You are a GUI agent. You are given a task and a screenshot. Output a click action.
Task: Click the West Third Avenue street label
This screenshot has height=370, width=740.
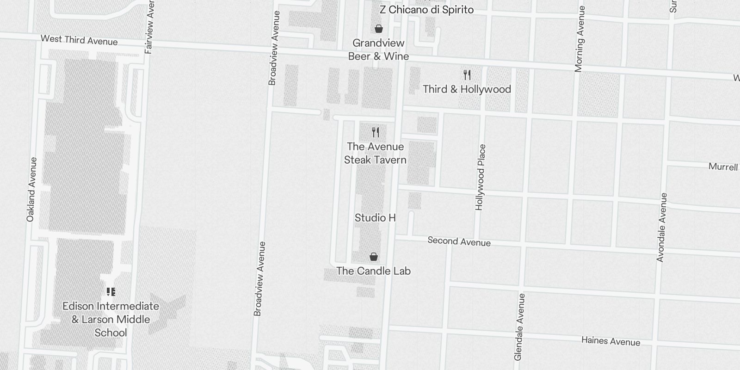pyautogui.click(x=79, y=40)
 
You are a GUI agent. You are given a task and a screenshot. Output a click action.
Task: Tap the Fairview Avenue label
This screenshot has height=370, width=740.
pyautogui.click(x=149, y=27)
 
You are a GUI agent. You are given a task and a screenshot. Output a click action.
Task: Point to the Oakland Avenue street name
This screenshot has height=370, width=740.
pyautogui.click(x=31, y=190)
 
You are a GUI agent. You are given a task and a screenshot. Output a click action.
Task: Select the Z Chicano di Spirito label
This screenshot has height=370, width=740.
pyautogui.click(x=426, y=10)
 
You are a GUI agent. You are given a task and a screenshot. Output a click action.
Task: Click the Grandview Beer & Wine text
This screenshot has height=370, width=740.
pyautogui.click(x=378, y=49)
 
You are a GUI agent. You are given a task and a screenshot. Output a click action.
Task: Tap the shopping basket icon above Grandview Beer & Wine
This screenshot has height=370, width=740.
pyautogui.click(x=379, y=29)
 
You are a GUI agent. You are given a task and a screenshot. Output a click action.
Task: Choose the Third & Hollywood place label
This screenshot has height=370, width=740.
pyautogui.click(x=467, y=89)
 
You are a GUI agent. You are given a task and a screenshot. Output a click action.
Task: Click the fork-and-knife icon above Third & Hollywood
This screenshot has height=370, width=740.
pyautogui.click(x=467, y=74)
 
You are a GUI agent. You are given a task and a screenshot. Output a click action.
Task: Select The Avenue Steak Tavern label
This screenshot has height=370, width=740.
pyautogui.click(x=375, y=153)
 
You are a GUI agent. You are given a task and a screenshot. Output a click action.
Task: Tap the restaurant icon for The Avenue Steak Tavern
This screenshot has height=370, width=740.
pyautogui.click(x=376, y=132)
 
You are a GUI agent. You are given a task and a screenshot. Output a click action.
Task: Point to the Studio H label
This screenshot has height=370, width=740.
pyautogui.click(x=375, y=217)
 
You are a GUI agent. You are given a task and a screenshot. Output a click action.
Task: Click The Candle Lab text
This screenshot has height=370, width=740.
pyautogui.click(x=373, y=271)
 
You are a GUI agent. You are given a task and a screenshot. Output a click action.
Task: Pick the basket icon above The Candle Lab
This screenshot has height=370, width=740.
pyautogui.click(x=374, y=257)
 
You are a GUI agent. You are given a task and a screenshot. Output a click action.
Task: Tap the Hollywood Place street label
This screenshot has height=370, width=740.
pyautogui.click(x=481, y=177)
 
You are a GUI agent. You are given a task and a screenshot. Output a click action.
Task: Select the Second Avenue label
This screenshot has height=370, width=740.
pyautogui.click(x=459, y=241)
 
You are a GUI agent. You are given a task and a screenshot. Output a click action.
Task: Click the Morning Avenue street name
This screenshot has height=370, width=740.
pyautogui.click(x=580, y=39)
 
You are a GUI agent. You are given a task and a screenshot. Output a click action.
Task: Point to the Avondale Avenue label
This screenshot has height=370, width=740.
pyautogui.click(x=662, y=228)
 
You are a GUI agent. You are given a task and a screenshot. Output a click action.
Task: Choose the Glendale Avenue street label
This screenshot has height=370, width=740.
pyautogui.click(x=520, y=327)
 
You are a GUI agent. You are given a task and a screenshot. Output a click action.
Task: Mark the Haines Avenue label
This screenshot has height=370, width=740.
pyautogui.click(x=610, y=341)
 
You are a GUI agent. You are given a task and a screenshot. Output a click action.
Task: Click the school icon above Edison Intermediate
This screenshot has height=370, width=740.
pyautogui.click(x=111, y=292)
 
